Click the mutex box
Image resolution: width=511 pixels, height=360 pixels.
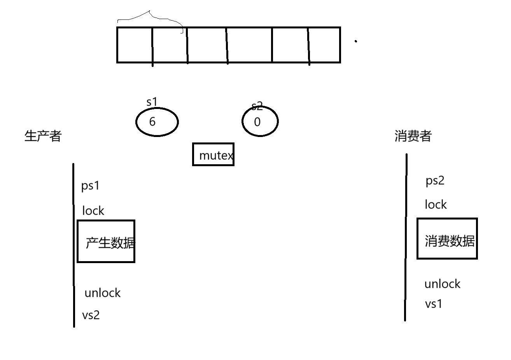[x=213, y=155]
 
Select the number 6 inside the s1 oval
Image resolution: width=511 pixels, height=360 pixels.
[x=152, y=122]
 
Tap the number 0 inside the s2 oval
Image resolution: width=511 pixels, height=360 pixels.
[x=257, y=122]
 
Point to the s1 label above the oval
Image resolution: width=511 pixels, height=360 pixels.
[x=152, y=102]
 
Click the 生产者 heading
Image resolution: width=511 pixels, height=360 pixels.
[x=43, y=136]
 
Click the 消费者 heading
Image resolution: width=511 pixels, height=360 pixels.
[x=413, y=136]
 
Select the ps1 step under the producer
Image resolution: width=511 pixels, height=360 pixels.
[x=90, y=186]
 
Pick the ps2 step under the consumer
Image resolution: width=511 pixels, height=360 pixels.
[x=435, y=181]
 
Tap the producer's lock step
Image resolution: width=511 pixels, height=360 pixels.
[x=93, y=211]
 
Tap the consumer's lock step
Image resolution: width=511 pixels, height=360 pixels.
[x=436, y=204]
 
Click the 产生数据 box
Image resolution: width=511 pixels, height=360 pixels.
[x=106, y=241]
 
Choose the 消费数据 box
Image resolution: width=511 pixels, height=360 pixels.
[x=447, y=239]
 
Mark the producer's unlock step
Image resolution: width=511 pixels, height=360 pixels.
[x=102, y=293]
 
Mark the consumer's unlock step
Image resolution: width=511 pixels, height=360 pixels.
[x=442, y=284]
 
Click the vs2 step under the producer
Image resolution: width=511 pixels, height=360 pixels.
[x=91, y=314]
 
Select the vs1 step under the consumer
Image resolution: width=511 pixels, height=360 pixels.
[x=434, y=304]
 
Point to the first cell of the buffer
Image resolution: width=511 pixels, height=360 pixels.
[x=135, y=45]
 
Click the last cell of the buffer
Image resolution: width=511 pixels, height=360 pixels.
[x=325, y=45]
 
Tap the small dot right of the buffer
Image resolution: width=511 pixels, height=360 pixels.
[x=356, y=41]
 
